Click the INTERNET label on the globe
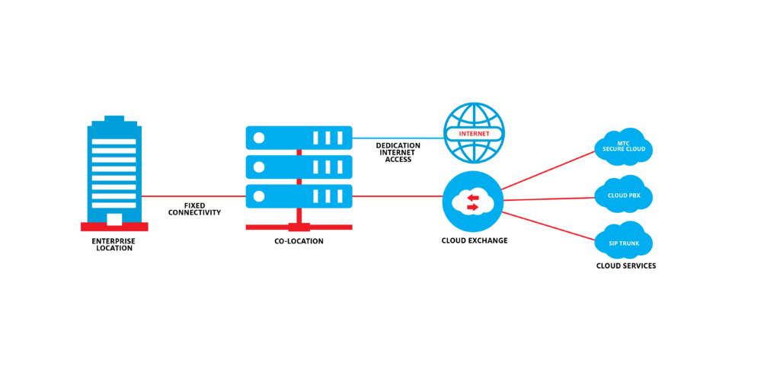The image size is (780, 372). click(474, 134)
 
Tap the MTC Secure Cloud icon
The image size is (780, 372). click(624, 147)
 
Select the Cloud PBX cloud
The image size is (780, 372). click(624, 196)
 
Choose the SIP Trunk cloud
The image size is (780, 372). click(624, 241)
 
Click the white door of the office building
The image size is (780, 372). click(114, 220)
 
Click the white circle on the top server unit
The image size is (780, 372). click(259, 138)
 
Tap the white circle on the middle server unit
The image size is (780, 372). click(259, 167)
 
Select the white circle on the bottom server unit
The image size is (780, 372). click(259, 196)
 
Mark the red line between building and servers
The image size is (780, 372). click(193, 196)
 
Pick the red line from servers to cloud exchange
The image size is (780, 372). click(397, 196)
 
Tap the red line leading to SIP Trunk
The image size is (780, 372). click(548, 225)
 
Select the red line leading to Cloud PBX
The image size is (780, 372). click(548, 199)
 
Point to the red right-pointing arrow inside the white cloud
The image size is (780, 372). click(473, 206)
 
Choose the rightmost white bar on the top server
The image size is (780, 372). click(340, 138)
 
